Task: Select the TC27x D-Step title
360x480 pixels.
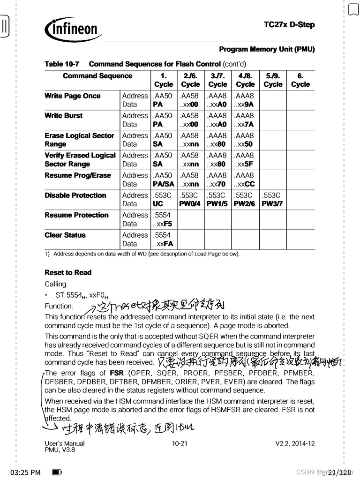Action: pyautogui.click(x=289, y=25)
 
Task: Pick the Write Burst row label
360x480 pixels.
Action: pyautogui.click(x=63, y=116)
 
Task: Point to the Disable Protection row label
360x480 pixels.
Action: pyautogui.click(x=75, y=195)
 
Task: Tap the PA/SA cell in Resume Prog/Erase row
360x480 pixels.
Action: pyautogui.click(x=163, y=184)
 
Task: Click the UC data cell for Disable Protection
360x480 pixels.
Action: pyautogui.click(x=158, y=204)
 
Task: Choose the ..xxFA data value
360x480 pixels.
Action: pyautogui.click(x=163, y=244)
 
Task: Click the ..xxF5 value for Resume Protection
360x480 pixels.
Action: pyautogui.click(x=163, y=224)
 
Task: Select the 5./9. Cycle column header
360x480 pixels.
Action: pyautogui.click(x=273, y=80)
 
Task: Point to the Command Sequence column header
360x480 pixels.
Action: pyautogui.click(x=97, y=76)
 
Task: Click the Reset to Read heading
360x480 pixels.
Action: pyautogui.click(x=68, y=273)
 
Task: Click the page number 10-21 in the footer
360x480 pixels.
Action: pyautogui.click(x=180, y=443)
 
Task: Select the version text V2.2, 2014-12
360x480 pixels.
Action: pyautogui.click(x=295, y=443)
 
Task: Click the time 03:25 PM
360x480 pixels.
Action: pyautogui.click(x=25, y=472)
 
